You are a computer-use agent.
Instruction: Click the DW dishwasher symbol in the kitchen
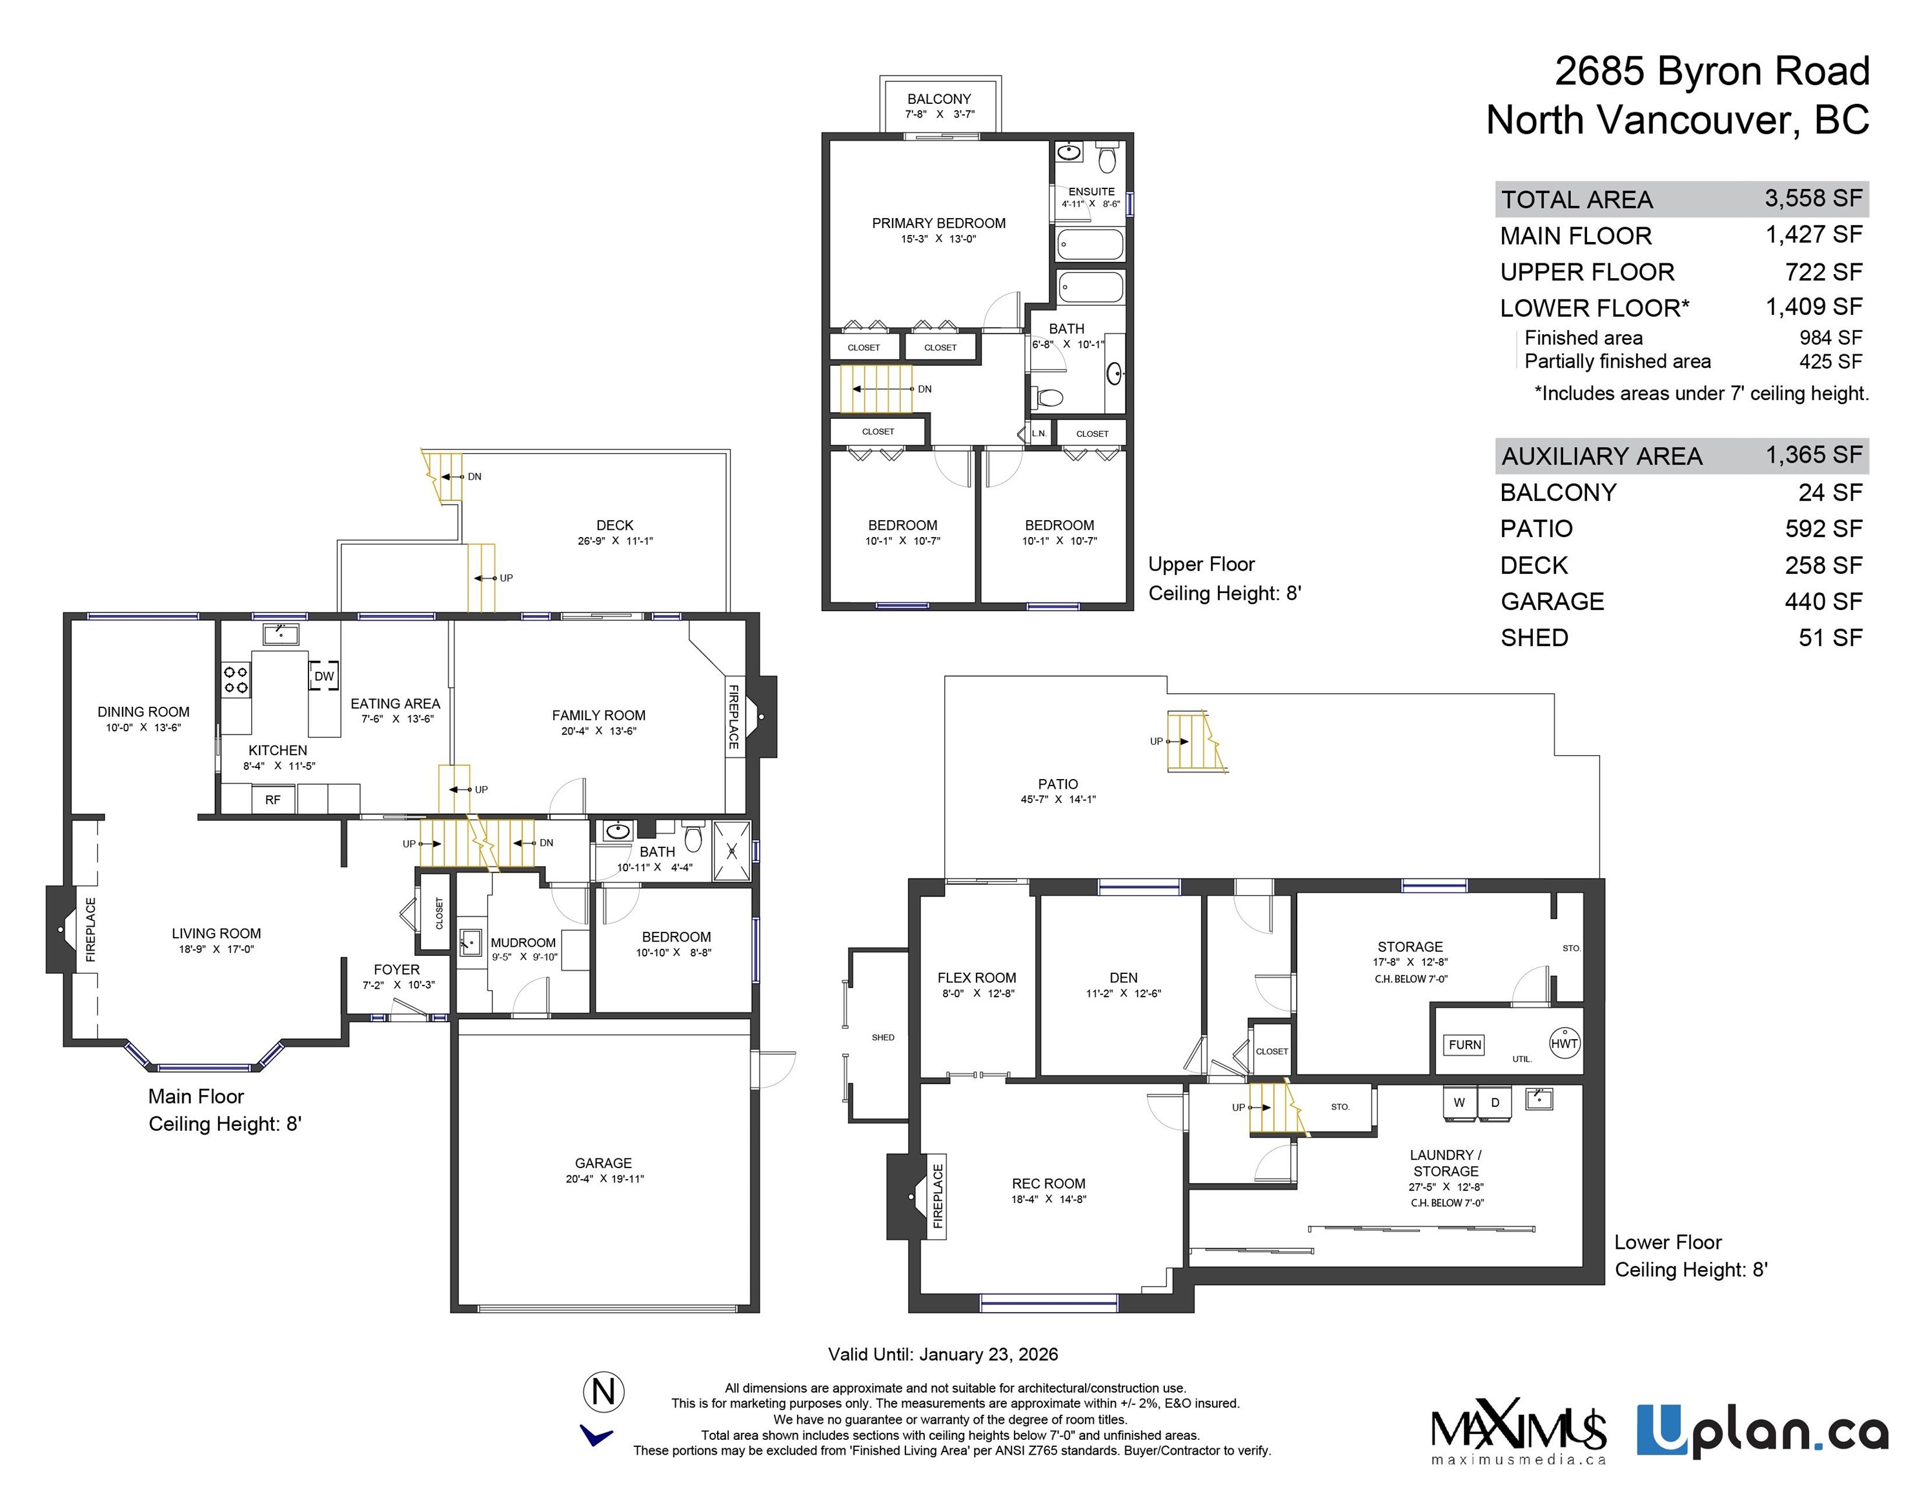point(324,676)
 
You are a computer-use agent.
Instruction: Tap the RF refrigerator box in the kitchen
point(273,800)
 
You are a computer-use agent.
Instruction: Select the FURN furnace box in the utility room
point(1464,1045)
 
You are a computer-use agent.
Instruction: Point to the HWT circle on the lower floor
point(1564,1044)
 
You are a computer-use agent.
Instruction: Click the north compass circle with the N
point(603,1393)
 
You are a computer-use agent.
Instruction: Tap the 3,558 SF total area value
point(1813,198)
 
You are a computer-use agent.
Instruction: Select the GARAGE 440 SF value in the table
point(1823,602)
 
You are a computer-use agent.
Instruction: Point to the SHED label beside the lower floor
point(883,1038)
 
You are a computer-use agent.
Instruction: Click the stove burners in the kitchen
point(235,679)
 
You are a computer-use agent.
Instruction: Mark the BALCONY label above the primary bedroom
point(939,99)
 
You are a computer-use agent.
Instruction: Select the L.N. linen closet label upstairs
point(1040,434)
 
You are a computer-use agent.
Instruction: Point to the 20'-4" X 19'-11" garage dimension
point(604,1178)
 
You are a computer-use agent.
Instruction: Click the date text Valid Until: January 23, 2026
point(942,1354)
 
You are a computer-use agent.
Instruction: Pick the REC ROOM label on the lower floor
point(1048,1183)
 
